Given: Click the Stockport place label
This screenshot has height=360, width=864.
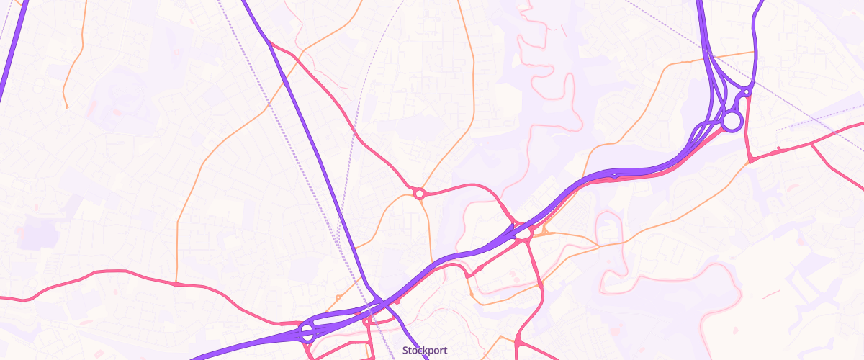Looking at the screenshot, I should point(425,351).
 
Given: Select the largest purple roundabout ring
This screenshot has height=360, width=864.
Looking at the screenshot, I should point(732,121).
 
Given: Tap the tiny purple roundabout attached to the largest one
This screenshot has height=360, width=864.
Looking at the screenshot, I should point(747,92).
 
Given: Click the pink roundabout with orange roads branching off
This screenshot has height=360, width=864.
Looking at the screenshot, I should point(419,193).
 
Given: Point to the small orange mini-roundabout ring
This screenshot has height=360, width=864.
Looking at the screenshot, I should point(337,297).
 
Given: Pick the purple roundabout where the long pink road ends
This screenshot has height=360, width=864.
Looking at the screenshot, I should point(307,333).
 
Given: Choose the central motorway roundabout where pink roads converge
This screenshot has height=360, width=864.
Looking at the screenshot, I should point(523,233).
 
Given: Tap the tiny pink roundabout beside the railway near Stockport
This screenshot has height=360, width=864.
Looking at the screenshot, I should point(366,320).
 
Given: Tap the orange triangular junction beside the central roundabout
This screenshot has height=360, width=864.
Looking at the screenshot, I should point(544,232).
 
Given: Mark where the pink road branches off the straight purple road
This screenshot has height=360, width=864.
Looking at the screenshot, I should point(271,45).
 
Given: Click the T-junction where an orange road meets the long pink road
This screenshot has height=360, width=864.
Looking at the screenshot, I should point(176,283).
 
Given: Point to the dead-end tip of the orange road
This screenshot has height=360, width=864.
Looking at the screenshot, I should point(66,107).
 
